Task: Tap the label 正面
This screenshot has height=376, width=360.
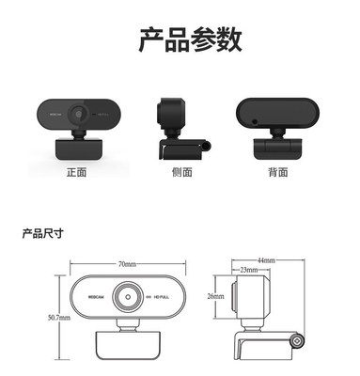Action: [76, 173]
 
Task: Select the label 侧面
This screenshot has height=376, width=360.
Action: [181, 173]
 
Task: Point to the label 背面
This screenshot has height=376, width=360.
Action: [277, 173]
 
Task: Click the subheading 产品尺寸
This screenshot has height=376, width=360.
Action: [42, 232]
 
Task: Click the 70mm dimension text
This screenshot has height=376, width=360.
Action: [128, 265]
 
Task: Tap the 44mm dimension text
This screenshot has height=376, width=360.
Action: [265, 259]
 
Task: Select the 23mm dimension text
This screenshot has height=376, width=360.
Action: [248, 271]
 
